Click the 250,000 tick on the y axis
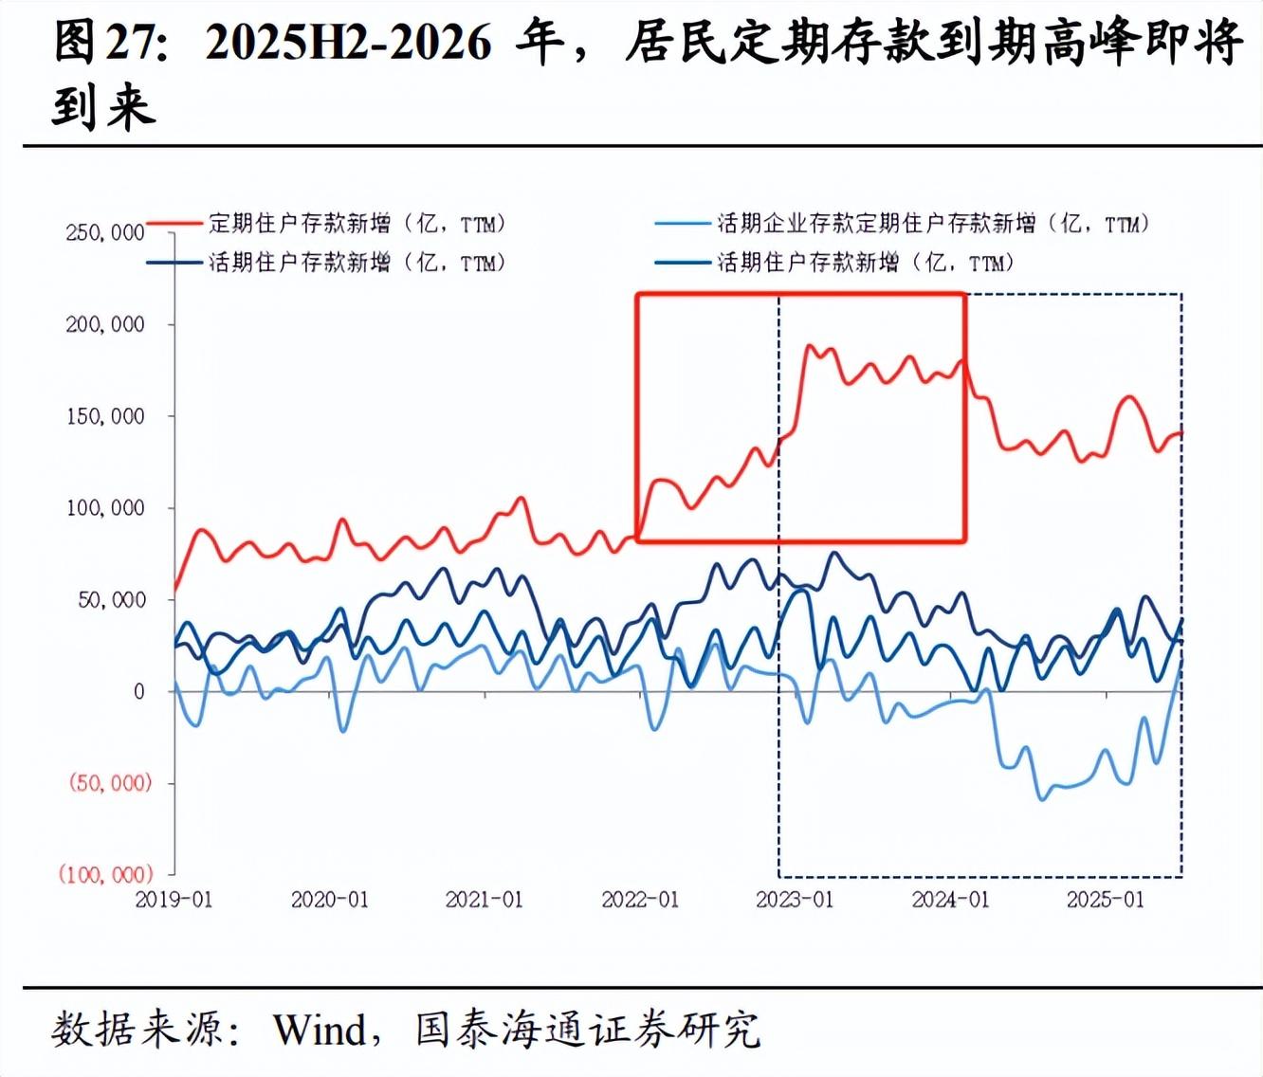[x=104, y=232]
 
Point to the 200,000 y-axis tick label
[x=104, y=324]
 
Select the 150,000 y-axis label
[x=104, y=416]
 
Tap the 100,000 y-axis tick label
[x=104, y=508]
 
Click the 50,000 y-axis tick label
[x=111, y=600]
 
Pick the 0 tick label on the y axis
[x=138, y=692]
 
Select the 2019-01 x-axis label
[x=174, y=899]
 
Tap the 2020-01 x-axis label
[x=329, y=899]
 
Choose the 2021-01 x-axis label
[x=484, y=899]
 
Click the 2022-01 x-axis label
[x=640, y=899]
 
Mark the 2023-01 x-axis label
[x=795, y=899]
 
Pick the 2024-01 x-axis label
[x=950, y=899]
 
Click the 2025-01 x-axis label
[x=1105, y=899]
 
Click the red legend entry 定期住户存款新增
[x=356, y=224]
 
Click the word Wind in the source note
[x=320, y=1029]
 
